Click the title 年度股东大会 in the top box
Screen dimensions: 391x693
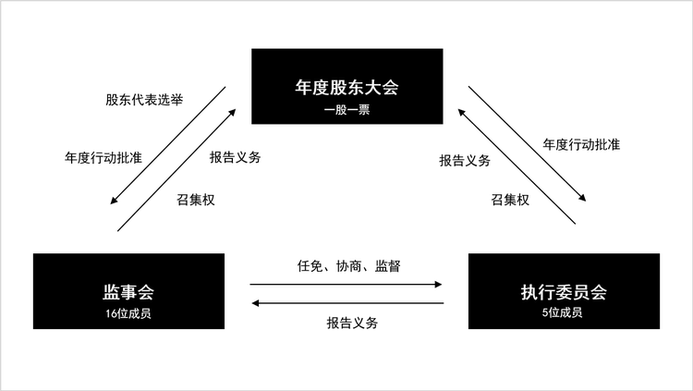click(346, 90)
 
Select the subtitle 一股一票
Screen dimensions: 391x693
click(346, 110)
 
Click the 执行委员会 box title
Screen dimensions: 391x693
click(564, 293)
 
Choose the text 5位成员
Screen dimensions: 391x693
click(564, 313)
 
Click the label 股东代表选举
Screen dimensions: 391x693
click(142, 99)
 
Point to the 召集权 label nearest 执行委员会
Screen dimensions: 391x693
click(510, 200)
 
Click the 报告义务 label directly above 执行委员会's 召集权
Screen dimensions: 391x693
click(464, 160)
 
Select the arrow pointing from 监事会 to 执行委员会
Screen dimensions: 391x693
click(347, 285)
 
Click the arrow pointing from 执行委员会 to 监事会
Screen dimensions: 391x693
click(347, 303)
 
